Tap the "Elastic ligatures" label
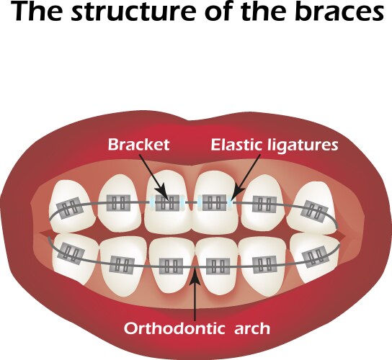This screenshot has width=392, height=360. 274,145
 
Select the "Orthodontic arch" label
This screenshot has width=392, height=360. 197,330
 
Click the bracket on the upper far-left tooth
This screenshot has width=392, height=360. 69,210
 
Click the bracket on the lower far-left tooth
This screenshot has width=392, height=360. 71,252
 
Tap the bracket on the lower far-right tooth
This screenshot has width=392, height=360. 316,256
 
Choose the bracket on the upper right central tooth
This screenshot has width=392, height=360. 215,203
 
